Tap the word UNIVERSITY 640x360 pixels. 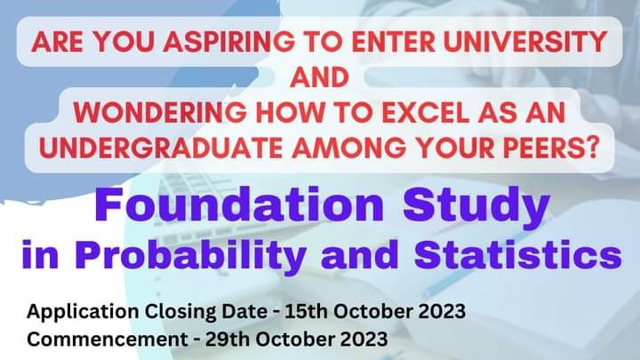pyautogui.click(x=525, y=42)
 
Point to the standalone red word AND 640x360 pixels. pyautogui.click(x=320, y=77)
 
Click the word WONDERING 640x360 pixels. pyautogui.click(x=160, y=112)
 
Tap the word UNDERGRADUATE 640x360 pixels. pyautogui.click(x=160, y=147)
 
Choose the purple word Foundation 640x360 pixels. pyautogui.click(x=239, y=204)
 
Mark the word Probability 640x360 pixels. pyautogui.click(x=190, y=255)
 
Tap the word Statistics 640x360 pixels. pyautogui.click(x=518, y=254)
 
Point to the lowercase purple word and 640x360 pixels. pyautogui.click(x=360, y=254)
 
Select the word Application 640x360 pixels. pyautogui.click(x=83, y=312)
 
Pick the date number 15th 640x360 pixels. pyautogui.click(x=306, y=311)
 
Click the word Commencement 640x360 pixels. pyautogui.click(x=107, y=340)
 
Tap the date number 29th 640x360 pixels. pyautogui.click(x=227, y=339)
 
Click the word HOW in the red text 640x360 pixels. pyautogui.click(x=284, y=112)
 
